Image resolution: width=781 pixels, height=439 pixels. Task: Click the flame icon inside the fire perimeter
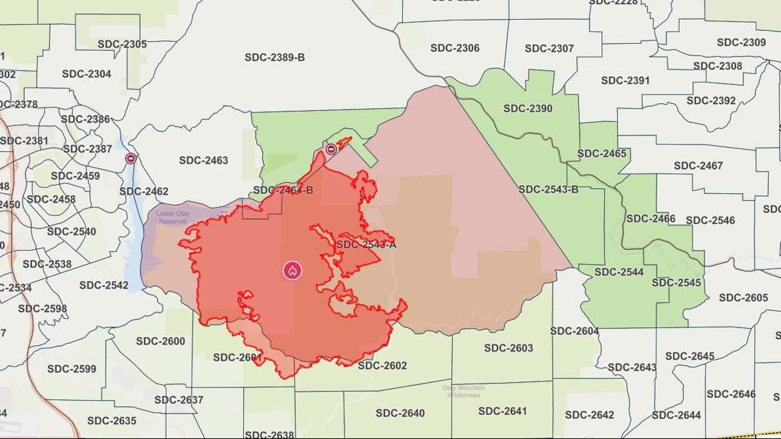tap(293, 270)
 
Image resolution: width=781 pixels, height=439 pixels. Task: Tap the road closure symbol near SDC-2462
tap(130, 158)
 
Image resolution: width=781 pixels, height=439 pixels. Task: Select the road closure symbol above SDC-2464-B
tap(331, 149)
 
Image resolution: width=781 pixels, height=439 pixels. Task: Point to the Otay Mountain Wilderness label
tap(463, 391)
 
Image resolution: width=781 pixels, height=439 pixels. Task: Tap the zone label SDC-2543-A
tap(366, 244)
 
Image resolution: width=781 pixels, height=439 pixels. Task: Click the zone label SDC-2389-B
tap(275, 58)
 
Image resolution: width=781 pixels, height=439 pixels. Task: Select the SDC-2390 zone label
tap(528, 108)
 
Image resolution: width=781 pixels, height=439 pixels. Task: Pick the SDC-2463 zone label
tap(203, 160)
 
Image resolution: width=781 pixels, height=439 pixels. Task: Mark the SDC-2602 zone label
tap(382, 366)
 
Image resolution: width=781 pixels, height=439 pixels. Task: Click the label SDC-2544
tap(619, 272)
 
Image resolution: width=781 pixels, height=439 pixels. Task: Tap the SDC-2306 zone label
tap(455, 48)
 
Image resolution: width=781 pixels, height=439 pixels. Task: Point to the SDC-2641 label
tap(503, 411)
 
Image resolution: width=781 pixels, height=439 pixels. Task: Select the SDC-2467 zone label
tap(698, 166)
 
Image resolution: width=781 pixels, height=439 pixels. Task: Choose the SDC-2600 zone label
tap(160, 341)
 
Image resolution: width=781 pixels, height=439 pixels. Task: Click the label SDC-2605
tap(743, 297)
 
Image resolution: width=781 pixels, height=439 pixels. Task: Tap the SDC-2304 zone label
tap(86, 74)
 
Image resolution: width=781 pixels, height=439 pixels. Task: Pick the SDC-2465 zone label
tap(602, 153)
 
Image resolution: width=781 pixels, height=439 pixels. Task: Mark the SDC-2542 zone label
tap(103, 285)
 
